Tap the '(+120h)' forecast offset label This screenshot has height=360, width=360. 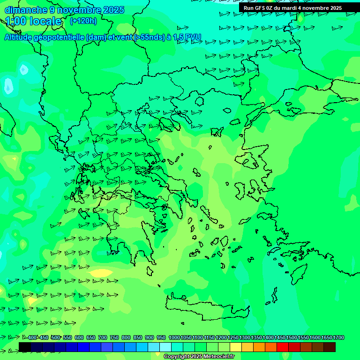(x=83, y=21)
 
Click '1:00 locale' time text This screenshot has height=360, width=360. (x=34, y=21)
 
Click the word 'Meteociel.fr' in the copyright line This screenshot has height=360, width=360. (x=215, y=357)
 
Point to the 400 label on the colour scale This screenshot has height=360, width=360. (x=32, y=337)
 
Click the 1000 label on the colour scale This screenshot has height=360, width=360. (x=174, y=337)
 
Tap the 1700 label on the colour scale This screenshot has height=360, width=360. (x=339, y=337)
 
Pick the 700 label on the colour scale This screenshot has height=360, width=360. (x=103, y=337)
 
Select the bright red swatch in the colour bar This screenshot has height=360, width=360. (x=283, y=347)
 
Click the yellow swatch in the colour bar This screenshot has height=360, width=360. (x=236, y=347)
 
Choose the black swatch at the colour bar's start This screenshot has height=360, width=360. (x=25, y=347)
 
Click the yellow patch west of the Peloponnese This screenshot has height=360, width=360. (x=100, y=273)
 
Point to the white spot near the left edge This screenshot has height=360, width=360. (x=8, y=85)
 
